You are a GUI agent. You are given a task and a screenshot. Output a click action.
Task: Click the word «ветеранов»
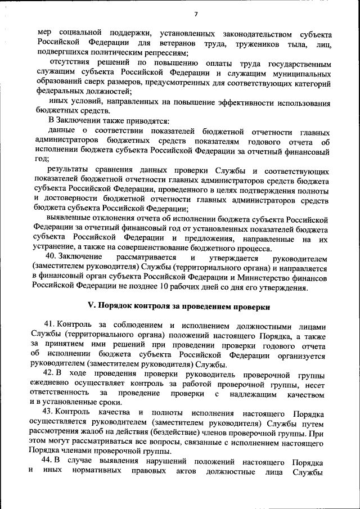184,43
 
